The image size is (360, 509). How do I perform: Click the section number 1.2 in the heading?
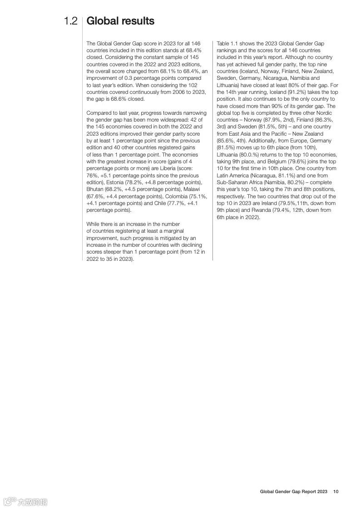70,21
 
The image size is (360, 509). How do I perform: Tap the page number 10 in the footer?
335,491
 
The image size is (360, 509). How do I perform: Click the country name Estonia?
116,182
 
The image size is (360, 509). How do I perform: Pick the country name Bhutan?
95,189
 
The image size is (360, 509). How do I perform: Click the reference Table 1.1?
228,43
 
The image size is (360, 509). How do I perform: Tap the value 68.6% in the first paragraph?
116,99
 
